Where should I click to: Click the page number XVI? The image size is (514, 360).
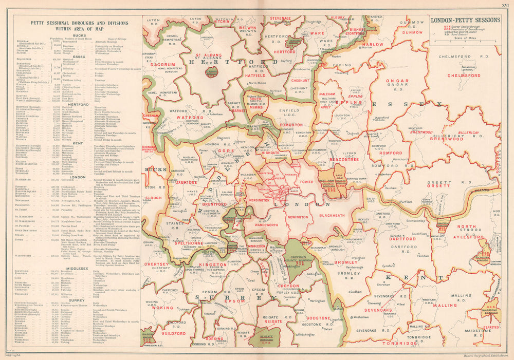pyautogui.click(x=506, y=4)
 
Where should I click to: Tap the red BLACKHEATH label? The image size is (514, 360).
pyautogui.click(x=332, y=216)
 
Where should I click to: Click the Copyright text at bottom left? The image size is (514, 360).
pyautogui.click(x=12, y=355)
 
